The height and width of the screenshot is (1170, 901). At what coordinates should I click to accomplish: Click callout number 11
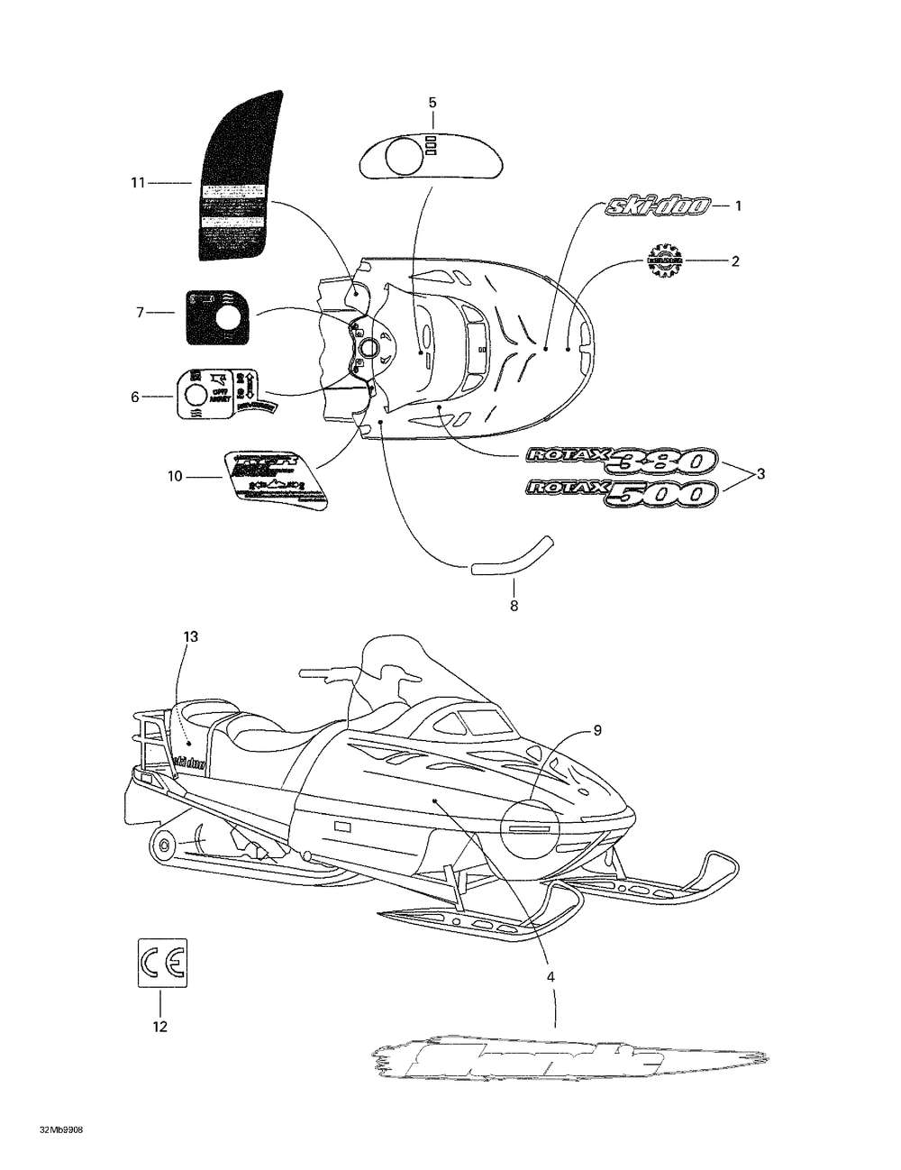137,183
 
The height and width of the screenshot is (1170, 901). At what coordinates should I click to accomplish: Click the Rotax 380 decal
622,461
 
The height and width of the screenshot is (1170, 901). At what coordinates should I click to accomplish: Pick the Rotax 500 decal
622,492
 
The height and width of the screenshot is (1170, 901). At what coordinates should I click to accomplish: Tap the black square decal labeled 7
216,316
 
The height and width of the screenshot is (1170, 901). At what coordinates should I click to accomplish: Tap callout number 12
160,1026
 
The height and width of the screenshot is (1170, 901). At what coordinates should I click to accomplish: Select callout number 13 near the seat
190,636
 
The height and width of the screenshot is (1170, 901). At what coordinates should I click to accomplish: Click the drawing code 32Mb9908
62,1129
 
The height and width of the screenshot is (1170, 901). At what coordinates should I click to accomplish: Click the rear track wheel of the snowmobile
163,846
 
